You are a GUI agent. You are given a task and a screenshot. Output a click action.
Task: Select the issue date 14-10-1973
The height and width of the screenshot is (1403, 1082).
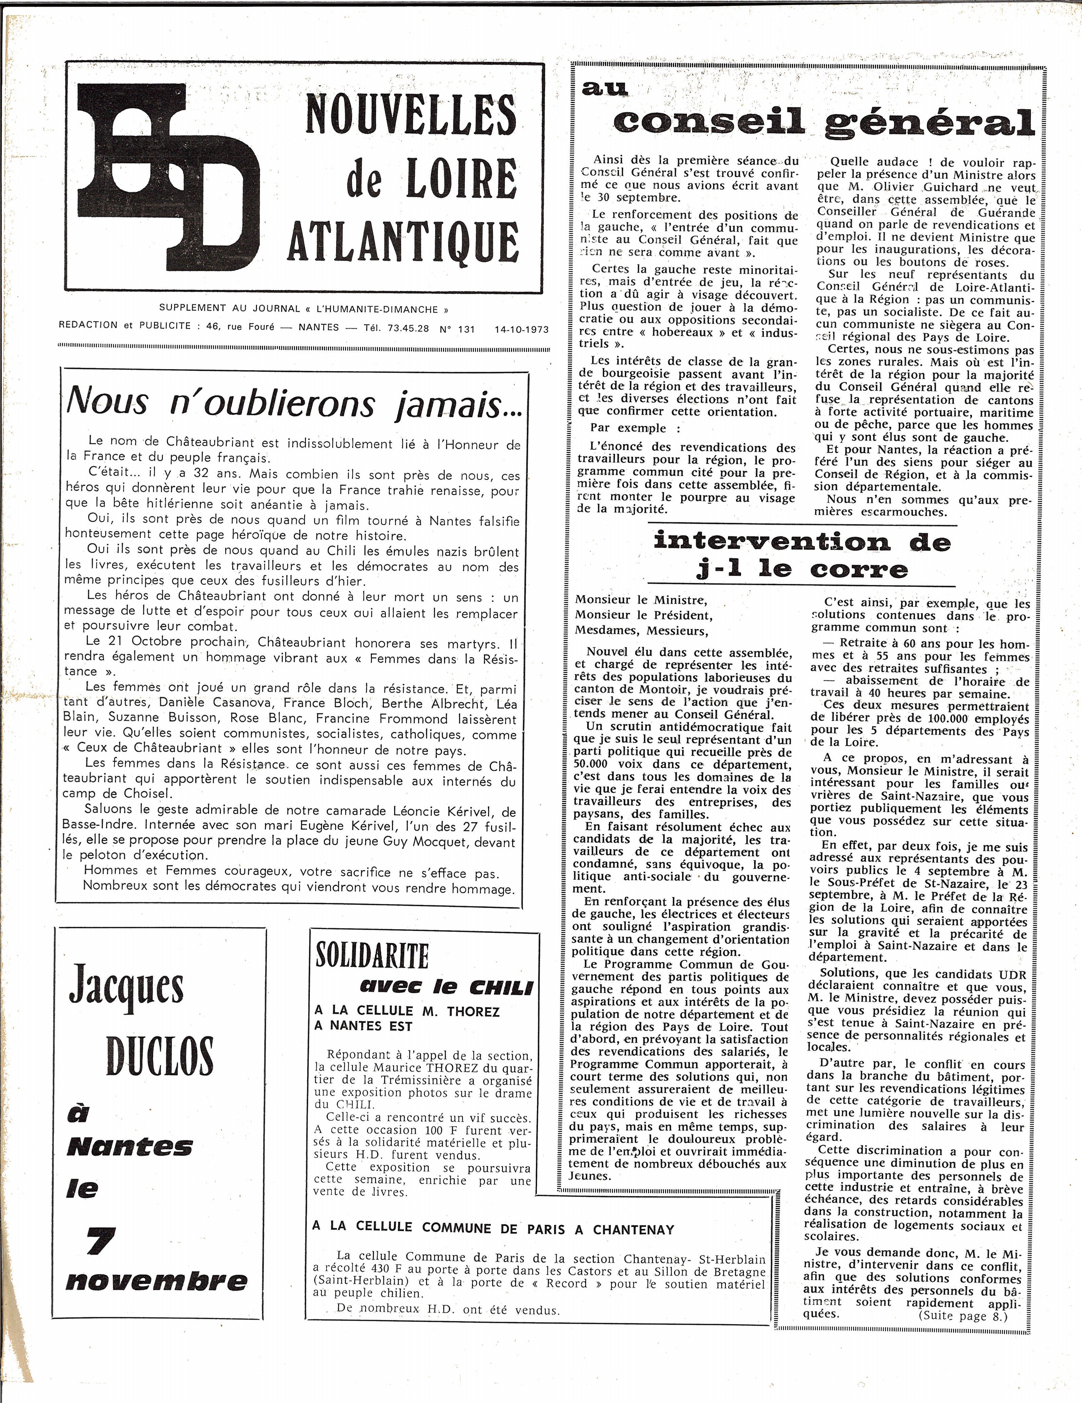tap(521, 330)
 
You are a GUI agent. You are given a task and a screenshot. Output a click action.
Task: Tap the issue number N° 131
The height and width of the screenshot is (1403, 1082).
tap(457, 329)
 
